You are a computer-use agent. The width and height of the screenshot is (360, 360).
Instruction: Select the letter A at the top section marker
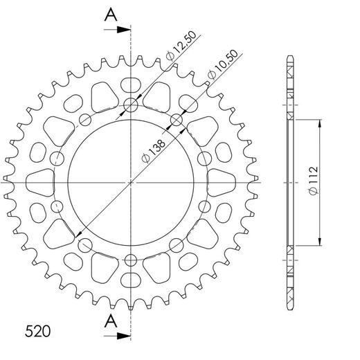(x=109, y=15)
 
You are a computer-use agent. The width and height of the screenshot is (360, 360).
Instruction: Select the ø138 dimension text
(x=154, y=150)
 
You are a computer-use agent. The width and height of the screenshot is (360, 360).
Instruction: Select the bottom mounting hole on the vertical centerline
(x=131, y=260)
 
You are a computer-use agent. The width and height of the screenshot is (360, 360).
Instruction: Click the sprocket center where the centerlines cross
(x=131, y=183)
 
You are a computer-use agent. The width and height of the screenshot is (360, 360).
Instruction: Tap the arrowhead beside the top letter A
(x=125, y=30)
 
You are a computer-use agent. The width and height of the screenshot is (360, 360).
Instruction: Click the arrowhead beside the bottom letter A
(x=125, y=335)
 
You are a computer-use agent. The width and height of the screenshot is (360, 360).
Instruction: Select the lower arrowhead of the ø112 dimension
(x=320, y=239)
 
